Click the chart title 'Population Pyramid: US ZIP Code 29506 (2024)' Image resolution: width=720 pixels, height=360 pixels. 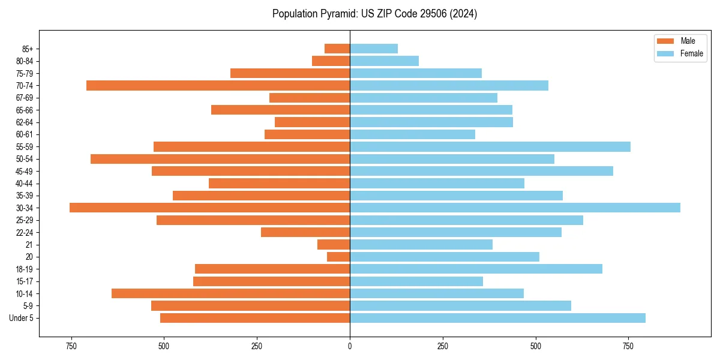click(374, 14)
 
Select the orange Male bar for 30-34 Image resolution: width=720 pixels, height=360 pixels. click(209, 208)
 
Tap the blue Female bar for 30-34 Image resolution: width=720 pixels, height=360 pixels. click(515, 208)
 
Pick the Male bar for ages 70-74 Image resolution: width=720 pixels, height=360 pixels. click(218, 85)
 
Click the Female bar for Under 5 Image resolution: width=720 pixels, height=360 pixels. click(497, 318)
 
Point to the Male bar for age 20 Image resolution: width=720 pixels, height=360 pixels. click(338, 257)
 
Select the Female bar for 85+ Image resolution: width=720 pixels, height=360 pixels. click(374, 49)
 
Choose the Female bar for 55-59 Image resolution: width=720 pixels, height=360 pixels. click(490, 146)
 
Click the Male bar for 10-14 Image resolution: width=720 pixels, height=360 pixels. click(230, 293)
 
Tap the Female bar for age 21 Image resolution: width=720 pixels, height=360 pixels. click(421, 245)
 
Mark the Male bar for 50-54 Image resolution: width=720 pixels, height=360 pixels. click(220, 159)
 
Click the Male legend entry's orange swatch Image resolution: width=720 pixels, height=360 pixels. click(665, 41)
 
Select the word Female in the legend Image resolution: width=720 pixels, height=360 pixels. click(691, 53)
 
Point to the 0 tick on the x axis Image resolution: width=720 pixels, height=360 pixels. click(350, 347)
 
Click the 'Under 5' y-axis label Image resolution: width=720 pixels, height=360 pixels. click(21, 318)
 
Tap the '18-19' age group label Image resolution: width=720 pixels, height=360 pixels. click(25, 269)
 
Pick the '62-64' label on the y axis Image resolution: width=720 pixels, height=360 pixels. click(25, 122)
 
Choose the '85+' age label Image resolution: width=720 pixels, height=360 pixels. click(27, 49)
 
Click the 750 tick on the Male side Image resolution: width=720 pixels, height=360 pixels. click(71, 347)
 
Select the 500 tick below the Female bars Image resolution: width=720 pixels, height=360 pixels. click(535, 347)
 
